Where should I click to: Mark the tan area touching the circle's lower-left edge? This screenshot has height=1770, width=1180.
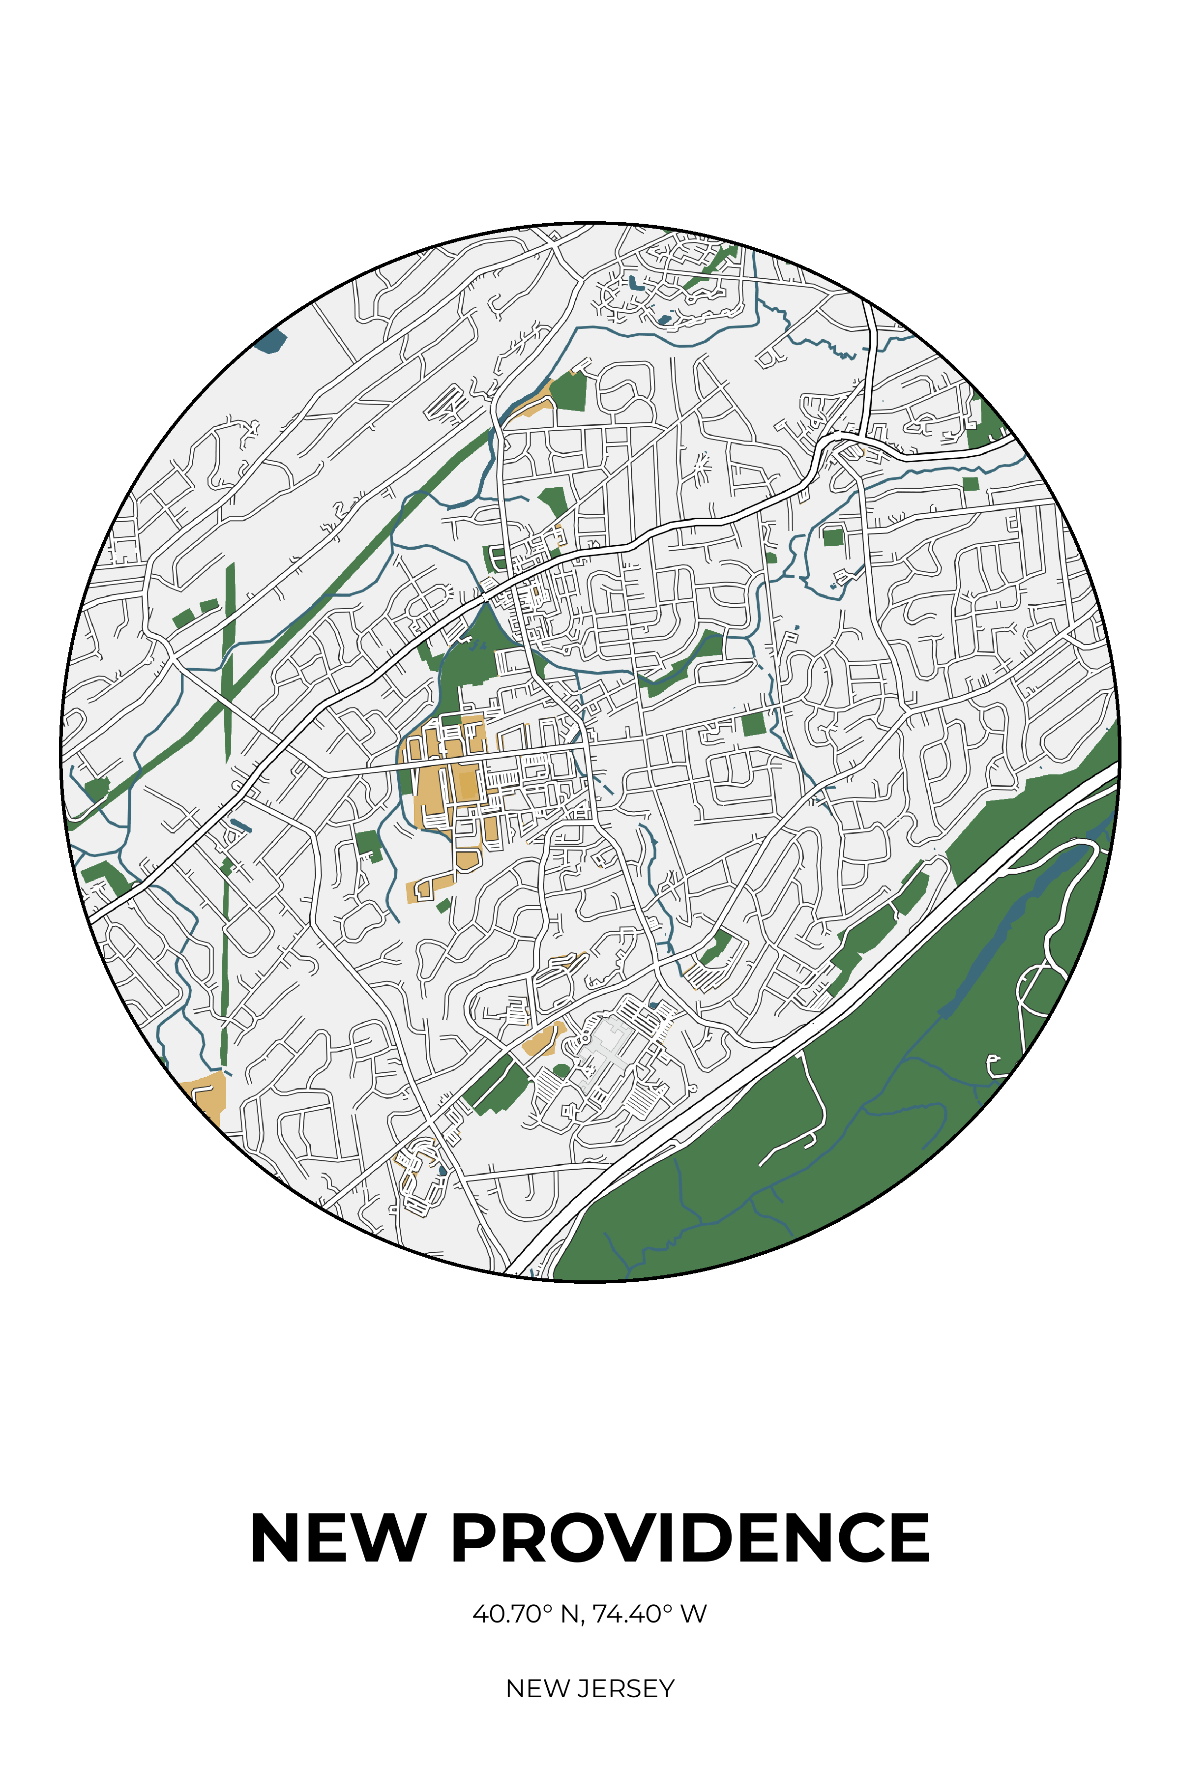tap(205, 1095)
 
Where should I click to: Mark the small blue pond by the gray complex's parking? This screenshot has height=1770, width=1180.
tap(653, 1005)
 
